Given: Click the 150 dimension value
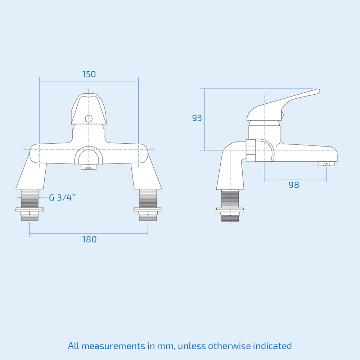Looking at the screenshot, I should pos(89,75).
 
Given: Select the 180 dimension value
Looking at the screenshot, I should pos(89,239).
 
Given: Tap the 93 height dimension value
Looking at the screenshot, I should pos(197,118).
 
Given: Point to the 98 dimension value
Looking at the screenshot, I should pos(294,185).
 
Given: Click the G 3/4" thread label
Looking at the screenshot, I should pos(62,197).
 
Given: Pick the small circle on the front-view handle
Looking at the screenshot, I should pos(89,119).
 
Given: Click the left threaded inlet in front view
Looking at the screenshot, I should pos(30,198).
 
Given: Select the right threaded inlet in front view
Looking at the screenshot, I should pos(148,198).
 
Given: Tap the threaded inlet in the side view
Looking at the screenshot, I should pos(230,199).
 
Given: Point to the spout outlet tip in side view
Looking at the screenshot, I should pos(327,165).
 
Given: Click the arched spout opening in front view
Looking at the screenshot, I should pos(89,157).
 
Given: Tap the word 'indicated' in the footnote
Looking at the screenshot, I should pos(273,346).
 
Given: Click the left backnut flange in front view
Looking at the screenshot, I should pos(30,209).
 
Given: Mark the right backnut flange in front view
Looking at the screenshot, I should pos(148,209).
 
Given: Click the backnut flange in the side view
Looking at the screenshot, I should pos(230,210).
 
